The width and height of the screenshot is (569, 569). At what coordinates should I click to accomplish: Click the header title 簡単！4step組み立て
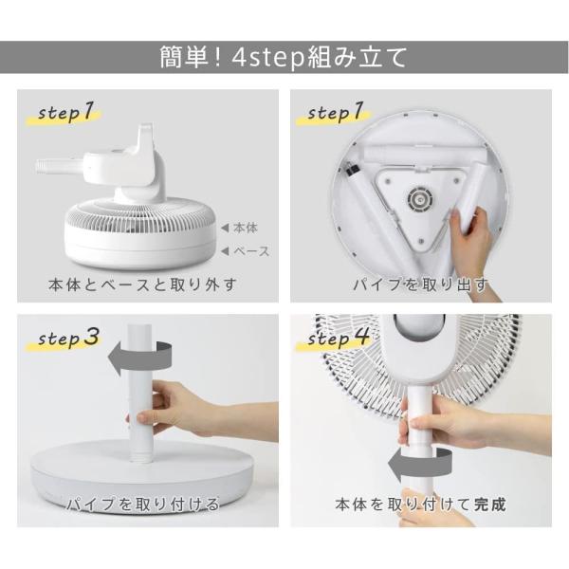coord(284,57)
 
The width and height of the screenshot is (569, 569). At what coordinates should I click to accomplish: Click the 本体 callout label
coord(245,229)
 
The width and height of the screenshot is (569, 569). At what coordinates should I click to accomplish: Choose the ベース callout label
coord(250,251)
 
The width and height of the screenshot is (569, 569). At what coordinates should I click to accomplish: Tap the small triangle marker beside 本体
coord(224,229)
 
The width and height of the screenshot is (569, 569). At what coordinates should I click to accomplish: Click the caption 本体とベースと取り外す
coord(142,284)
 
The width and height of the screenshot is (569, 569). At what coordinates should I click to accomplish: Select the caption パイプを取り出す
coord(421,284)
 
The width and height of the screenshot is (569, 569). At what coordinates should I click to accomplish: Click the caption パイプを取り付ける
coord(142,505)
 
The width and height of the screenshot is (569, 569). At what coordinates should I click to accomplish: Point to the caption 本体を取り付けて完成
coord(421,505)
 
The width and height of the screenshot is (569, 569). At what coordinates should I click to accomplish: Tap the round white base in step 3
coord(142,474)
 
